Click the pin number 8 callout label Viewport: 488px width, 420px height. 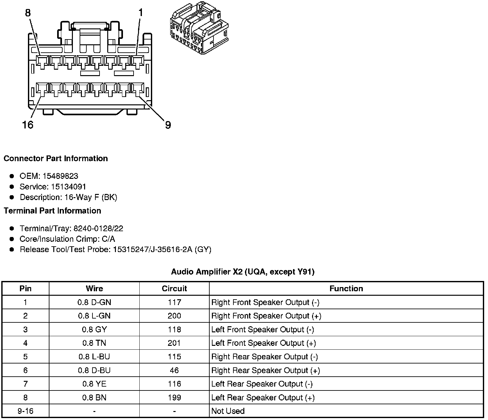[x=28, y=13]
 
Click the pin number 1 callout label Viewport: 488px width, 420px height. [x=140, y=13]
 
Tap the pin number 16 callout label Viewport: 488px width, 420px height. [x=28, y=125]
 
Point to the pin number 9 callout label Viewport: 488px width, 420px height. [x=168, y=125]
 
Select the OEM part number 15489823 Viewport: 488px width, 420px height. [x=60, y=176]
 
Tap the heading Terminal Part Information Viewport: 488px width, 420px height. [x=52, y=211]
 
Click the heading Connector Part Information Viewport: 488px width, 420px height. [x=56, y=158]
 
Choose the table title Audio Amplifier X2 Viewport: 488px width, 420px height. [x=243, y=272]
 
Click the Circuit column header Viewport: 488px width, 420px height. [x=174, y=288]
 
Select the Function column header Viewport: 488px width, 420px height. [x=346, y=288]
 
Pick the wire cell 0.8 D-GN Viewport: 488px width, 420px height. [x=94, y=302]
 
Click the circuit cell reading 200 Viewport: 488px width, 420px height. [x=174, y=316]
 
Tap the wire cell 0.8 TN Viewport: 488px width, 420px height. [x=94, y=343]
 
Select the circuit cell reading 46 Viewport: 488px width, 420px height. [x=174, y=370]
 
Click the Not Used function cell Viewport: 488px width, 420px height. [x=228, y=411]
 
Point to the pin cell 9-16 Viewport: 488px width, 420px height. [x=25, y=411]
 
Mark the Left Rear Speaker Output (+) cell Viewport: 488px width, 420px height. [x=263, y=398]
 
